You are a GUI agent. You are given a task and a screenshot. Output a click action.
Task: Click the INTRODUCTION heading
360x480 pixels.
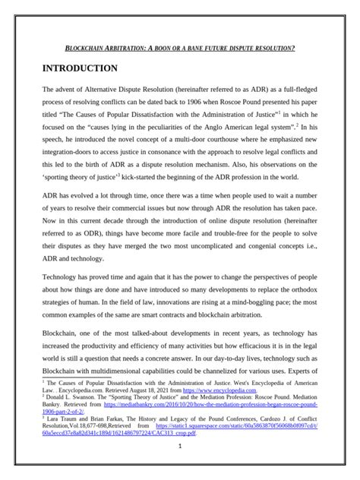(81, 69)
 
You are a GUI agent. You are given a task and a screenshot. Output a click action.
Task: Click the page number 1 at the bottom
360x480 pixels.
(180, 466)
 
